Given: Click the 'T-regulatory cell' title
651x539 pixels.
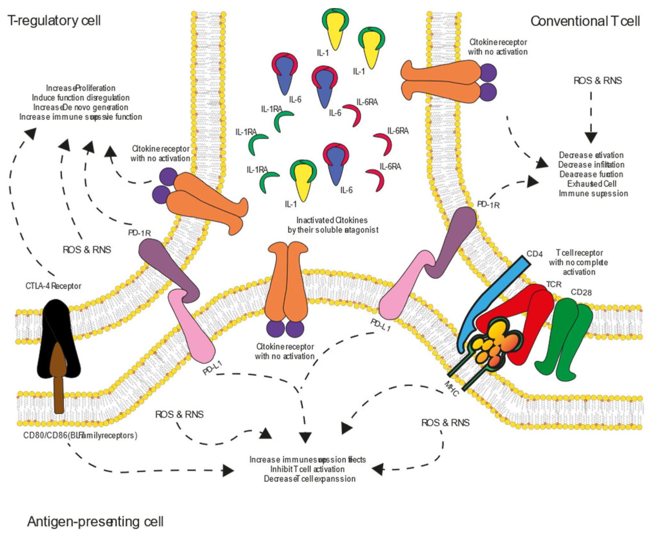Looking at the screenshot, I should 54,21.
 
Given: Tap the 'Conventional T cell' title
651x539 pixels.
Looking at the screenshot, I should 585,21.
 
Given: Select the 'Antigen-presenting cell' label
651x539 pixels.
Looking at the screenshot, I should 95,522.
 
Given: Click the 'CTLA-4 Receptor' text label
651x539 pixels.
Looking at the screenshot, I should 53,286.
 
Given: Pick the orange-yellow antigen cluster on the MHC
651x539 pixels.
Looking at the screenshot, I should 491,346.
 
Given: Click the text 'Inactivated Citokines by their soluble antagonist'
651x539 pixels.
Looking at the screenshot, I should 333,225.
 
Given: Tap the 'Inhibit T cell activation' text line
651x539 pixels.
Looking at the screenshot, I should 307,469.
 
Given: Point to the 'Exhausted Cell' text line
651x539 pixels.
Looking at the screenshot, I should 592,184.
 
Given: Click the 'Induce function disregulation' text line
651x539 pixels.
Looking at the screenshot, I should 81,98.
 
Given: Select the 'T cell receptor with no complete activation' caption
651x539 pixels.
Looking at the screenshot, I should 579,262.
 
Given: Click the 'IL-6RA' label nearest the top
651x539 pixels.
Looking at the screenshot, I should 367,102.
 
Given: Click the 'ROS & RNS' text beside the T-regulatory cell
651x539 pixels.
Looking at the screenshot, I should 87,250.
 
